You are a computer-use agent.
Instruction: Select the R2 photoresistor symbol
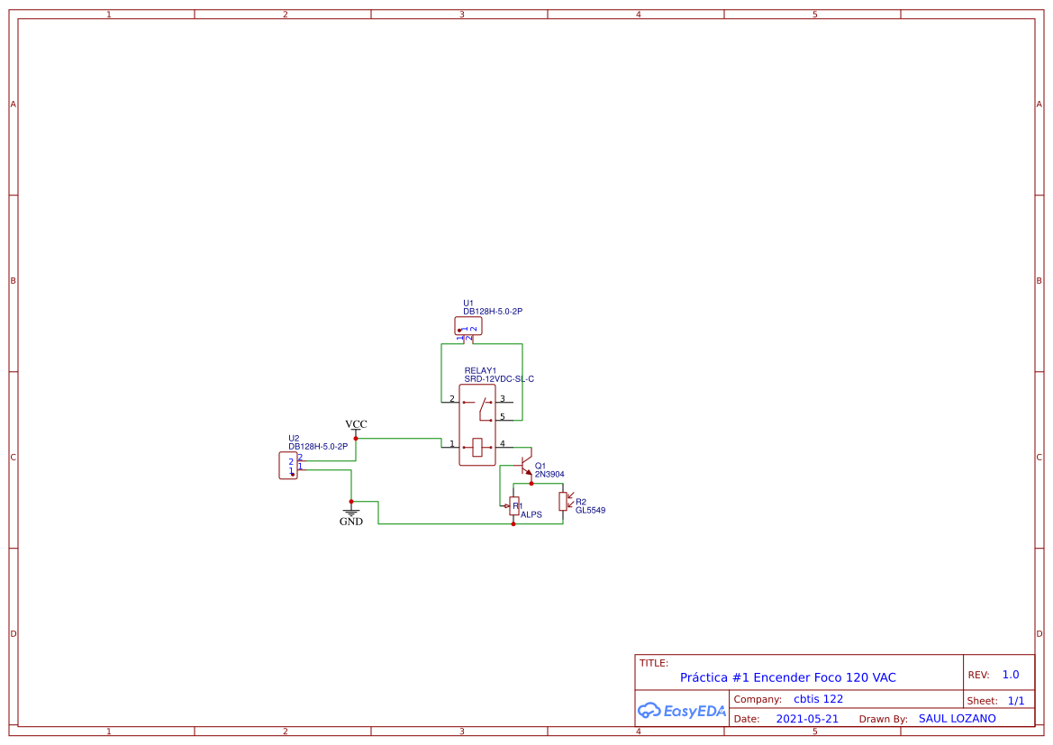(x=563, y=501)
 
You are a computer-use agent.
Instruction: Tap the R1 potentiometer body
(x=513, y=505)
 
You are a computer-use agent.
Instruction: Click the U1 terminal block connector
(x=468, y=326)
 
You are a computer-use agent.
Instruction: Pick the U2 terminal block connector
(x=288, y=466)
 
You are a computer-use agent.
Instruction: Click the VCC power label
(x=356, y=424)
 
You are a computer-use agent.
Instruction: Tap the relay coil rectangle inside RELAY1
(x=477, y=445)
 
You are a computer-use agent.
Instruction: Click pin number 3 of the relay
(x=503, y=398)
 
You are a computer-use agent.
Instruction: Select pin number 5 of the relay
(x=503, y=416)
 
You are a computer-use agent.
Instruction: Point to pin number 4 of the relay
(x=503, y=443)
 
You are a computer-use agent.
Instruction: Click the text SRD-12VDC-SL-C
(x=499, y=379)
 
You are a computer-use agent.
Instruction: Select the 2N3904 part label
(x=549, y=474)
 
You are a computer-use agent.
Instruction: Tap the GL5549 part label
(x=591, y=510)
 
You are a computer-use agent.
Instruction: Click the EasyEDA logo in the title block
(x=682, y=711)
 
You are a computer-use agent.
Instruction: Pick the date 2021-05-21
(x=807, y=719)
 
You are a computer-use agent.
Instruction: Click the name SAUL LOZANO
(x=957, y=718)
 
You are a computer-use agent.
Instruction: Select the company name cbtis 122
(x=818, y=699)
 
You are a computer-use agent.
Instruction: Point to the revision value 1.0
(x=1011, y=675)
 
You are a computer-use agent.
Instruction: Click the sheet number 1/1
(x=1015, y=700)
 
